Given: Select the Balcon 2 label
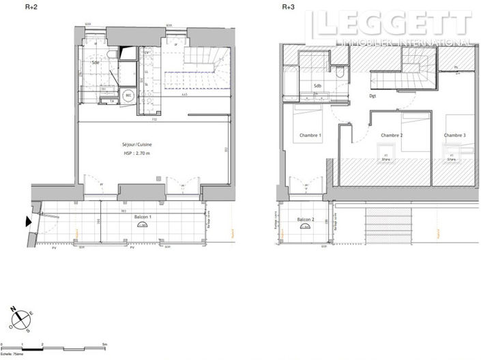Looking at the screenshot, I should (x=306, y=220).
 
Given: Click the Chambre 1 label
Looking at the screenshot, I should (x=310, y=135).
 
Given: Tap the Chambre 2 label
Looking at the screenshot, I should (x=392, y=135).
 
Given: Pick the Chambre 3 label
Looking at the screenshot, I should (x=454, y=135).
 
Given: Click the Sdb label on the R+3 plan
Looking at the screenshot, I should (x=317, y=85).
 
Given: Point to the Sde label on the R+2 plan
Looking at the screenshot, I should (x=96, y=63).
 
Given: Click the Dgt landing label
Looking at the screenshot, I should (x=373, y=96).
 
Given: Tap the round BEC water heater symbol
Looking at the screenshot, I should (x=128, y=96).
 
